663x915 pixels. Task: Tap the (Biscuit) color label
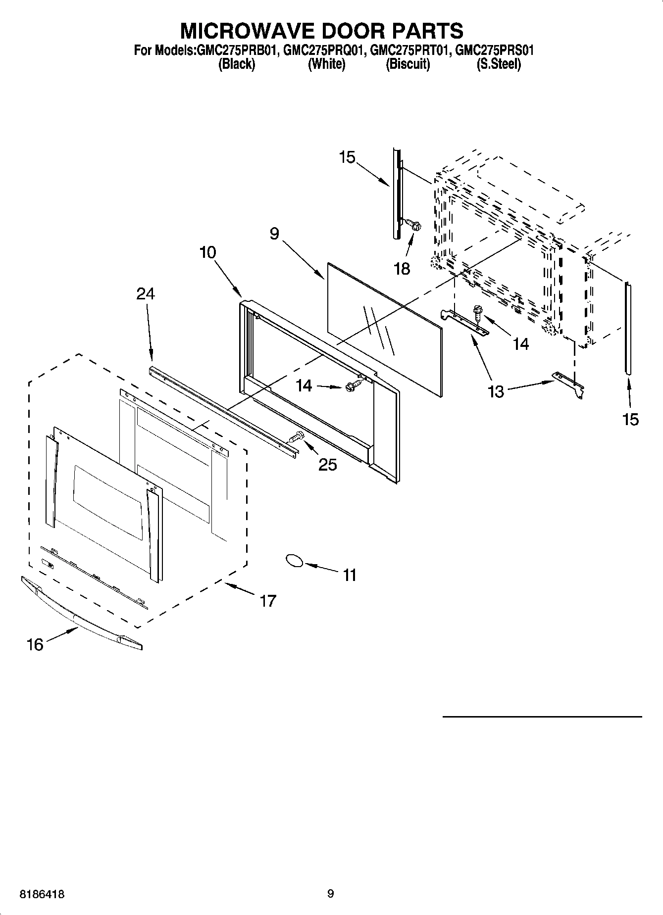pyautogui.click(x=408, y=64)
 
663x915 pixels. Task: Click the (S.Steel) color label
pyautogui.click(x=498, y=64)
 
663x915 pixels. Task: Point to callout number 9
pyautogui.click(x=274, y=234)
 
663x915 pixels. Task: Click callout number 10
pyautogui.click(x=207, y=252)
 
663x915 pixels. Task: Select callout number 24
pyautogui.click(x=146, y=293)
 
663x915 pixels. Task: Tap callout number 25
pyautogui.click(x=328, y=465)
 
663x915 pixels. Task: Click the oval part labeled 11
pyautogui.click(x=294, y=560)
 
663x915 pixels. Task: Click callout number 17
pyautogui.click(x=267, y=601)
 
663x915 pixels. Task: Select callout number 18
pyautogui.click(x=402, y=269)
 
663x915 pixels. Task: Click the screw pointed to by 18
pyautogui.click(x=414, y=225)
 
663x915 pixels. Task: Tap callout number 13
pyautogui.click(x=495, y=391)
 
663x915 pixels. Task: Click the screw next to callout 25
pyautogui.click(x=296, y=437)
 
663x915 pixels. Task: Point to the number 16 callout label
pyautogui.click(x=35, y=644)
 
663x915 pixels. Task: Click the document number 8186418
pyautogui.click(x=42, y=894)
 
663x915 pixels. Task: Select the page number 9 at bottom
pyautogui.click(x=331, y=893)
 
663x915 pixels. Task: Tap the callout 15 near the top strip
pyautogui.click(x=347, y=157)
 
